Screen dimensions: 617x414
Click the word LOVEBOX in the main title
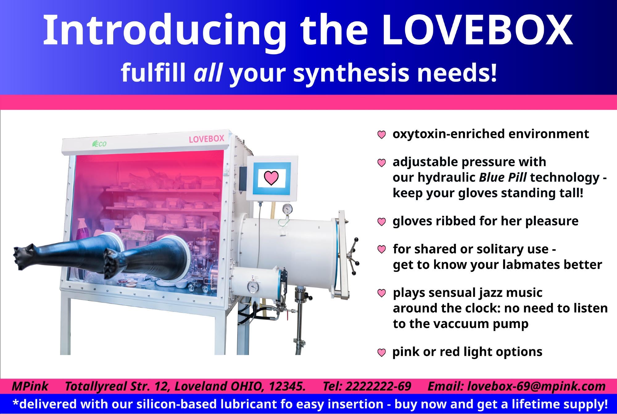coord(477,31)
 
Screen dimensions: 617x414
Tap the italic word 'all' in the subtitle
coord(208,73)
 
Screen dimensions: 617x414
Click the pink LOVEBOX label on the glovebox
coord(206,139)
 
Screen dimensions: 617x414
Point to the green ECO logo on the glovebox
coord(99,144)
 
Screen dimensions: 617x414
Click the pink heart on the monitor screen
coord(271,178)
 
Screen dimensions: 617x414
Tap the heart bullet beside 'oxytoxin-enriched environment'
coord(382,135)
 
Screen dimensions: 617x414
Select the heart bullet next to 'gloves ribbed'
coord(382,222)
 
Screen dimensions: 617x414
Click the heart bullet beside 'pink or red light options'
coord(382,352)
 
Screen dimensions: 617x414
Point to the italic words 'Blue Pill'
coord(503,177)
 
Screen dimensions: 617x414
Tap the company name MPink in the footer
coord(30,386)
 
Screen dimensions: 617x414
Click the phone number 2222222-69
coord(378,386)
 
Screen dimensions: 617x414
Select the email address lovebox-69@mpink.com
coord(536,387)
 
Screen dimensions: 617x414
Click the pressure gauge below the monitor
coord(287,209)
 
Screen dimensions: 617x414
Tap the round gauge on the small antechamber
coord(253,287)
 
